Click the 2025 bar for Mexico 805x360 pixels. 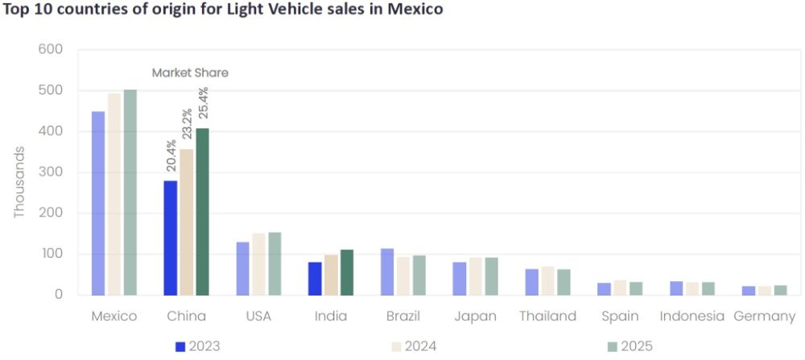(130, 192)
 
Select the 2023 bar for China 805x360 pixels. (171, 238)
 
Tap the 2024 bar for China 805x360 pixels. (186, 222)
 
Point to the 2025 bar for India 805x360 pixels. (346, 272)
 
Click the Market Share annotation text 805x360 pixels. (190, 72)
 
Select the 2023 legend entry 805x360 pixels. (198, 346)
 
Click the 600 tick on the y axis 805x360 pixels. (50, 49)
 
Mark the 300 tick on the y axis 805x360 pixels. (50, 172)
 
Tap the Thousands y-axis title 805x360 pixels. (19, 181)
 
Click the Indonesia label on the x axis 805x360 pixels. (691, 316)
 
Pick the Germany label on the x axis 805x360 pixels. (765, 316)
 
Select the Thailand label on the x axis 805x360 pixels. (547, 316)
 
